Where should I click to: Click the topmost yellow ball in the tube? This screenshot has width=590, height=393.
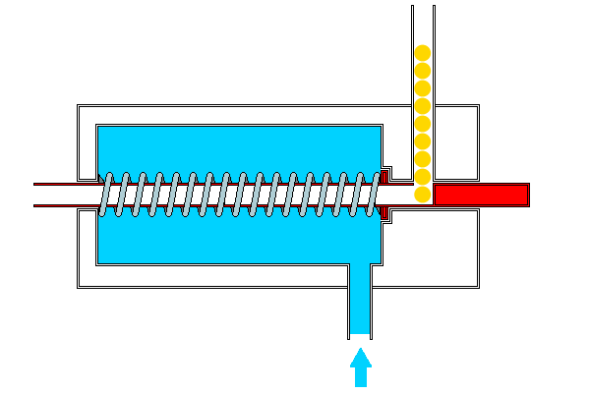click(x=423, y=52)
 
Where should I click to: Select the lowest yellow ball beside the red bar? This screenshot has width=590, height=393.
click(x=423, y=194)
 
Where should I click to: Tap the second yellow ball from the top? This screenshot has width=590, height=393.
click(x=423, y=70)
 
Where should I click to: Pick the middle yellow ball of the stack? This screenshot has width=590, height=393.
click(x=423, y=123)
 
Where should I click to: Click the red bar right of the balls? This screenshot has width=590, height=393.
click(x=481, y=195)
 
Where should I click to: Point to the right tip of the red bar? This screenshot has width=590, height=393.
click(x=527, y=195)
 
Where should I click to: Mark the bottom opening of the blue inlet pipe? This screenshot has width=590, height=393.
click(x=361, y=336)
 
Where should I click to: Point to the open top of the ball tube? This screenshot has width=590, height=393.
click(x=423, y=6)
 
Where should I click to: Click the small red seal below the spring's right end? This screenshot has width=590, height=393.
click(x=383, y=212)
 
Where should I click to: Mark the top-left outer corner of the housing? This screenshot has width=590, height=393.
click(x=78, y=102)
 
